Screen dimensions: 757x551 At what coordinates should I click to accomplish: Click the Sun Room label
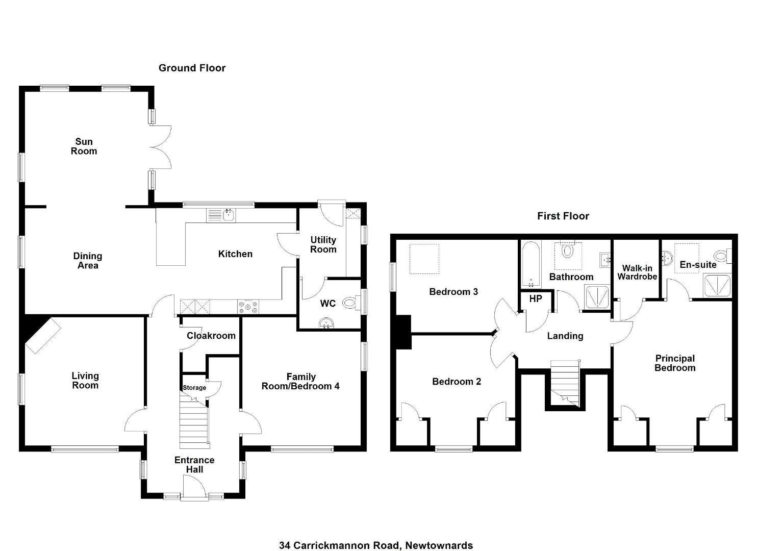point(84,146)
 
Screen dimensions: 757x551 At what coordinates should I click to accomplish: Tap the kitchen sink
point(221,215)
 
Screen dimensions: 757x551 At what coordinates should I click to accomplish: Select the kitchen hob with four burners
point(248,307)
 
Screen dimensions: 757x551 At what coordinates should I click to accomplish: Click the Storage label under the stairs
point(194,388)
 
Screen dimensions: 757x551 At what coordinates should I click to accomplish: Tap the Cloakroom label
point(211,336)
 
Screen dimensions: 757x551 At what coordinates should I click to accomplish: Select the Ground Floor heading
point(192,68)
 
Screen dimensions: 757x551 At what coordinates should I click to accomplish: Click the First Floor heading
point(563,216)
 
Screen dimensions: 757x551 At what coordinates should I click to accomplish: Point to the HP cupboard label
point(536,298)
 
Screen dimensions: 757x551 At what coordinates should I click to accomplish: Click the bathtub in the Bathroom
point(531,264)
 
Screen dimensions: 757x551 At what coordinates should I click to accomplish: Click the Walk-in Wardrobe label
point(637,272)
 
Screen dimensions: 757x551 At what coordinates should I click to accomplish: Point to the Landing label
point(565,336)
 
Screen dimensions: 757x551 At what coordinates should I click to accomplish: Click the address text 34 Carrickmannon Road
point(339,527)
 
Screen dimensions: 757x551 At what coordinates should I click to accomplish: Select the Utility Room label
point(323,244)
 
